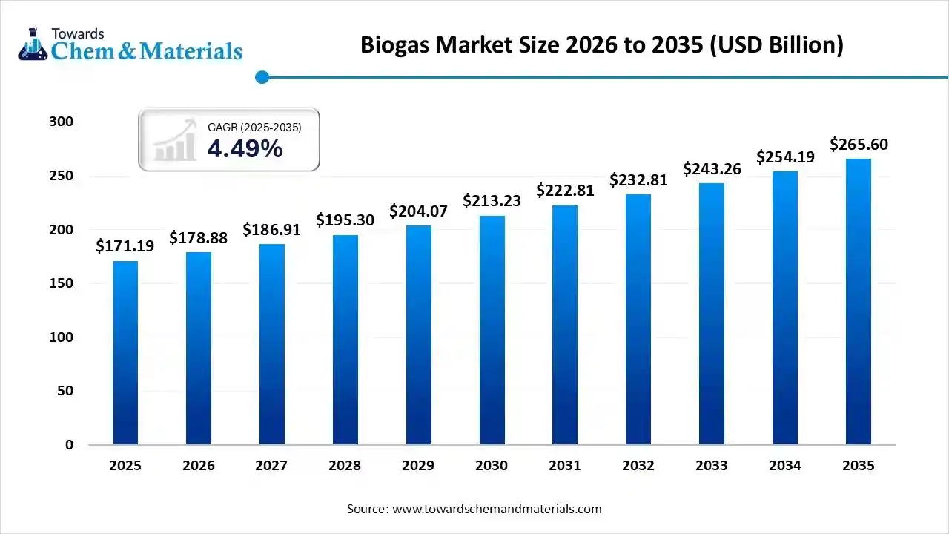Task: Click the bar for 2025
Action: (x=125, y=352)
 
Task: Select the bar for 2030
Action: (x=492, y=330)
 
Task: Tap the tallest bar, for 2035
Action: (x=859, y=301)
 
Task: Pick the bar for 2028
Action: (x=345, y=340)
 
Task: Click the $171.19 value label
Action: (x=125, y=246)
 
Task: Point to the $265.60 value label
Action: (x=859, y=144)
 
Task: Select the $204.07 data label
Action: (x=419, y=211)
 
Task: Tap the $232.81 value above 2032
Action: (x=638, y=179)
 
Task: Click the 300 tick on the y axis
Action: (x=63, y=122)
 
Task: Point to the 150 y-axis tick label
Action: (x=63, y=283)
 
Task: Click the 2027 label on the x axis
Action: (x=271, y=466)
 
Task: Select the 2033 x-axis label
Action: (x=712, y=466)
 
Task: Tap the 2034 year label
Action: (x=785, y=466)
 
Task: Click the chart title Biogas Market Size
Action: (x=602, y=45)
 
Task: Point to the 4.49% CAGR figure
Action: (x=245, y=149)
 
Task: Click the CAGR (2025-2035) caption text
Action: (x=254, y=128)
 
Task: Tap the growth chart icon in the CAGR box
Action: (x=175, y=140)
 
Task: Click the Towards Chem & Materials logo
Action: (x=130, y=44)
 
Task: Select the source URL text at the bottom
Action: (x=474, y=509)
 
